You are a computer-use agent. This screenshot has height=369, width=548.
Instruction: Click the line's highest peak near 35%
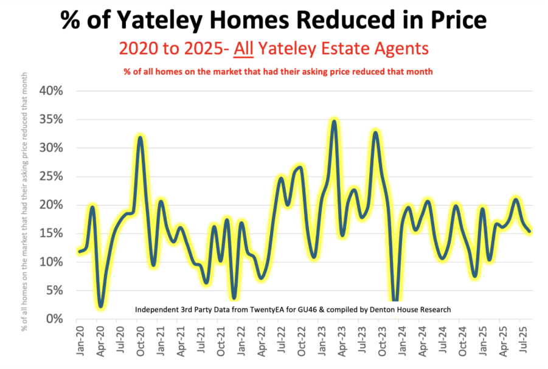click(334, 121)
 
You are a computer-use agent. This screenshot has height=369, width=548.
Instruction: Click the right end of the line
click(530, 231)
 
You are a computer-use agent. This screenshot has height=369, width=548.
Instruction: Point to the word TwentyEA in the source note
click(262, 310)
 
